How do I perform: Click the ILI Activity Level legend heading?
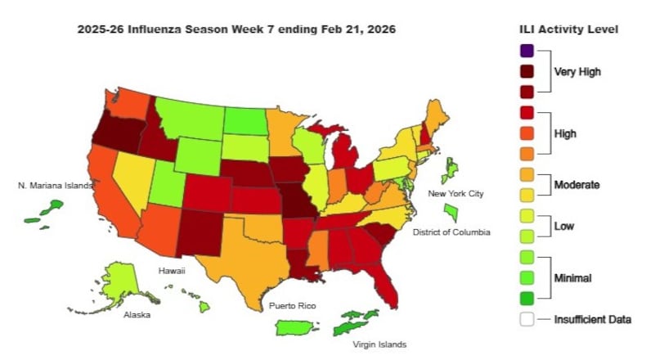pyautogui.click(x=568, y=29)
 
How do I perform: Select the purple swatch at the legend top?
pyautogui.click(x=527, y=51)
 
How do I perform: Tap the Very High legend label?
pyautogui.click(x=577, y=71)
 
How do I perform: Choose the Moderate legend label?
pyautogui.click(x=577, y=185)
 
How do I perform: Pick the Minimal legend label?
pyautogui.click(x=572, y=278)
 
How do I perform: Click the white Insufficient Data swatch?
pyautogui.click(x=527, y=319)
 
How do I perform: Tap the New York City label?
pyautogui.click(x=456, y=193)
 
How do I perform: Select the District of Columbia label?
pyautogui.click(x=451, y=232)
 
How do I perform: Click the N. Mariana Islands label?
pyautogui.click(x=56, y=186)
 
